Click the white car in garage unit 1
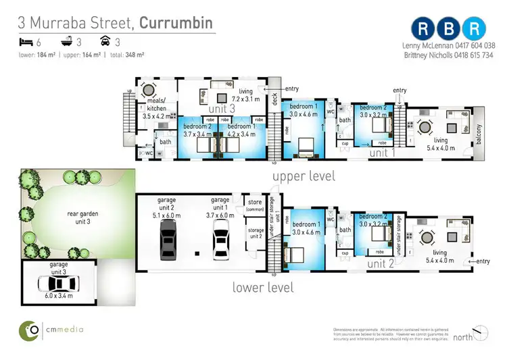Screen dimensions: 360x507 [x=221, y=240]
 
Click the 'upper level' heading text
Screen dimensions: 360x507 [x=304, y=177]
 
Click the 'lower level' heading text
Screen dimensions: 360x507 [x=263, y=287]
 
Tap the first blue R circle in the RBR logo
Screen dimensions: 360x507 [x=424, y=28]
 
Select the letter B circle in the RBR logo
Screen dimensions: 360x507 [x=450, y=28]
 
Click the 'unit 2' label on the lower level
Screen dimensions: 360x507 [x=381, y=264]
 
